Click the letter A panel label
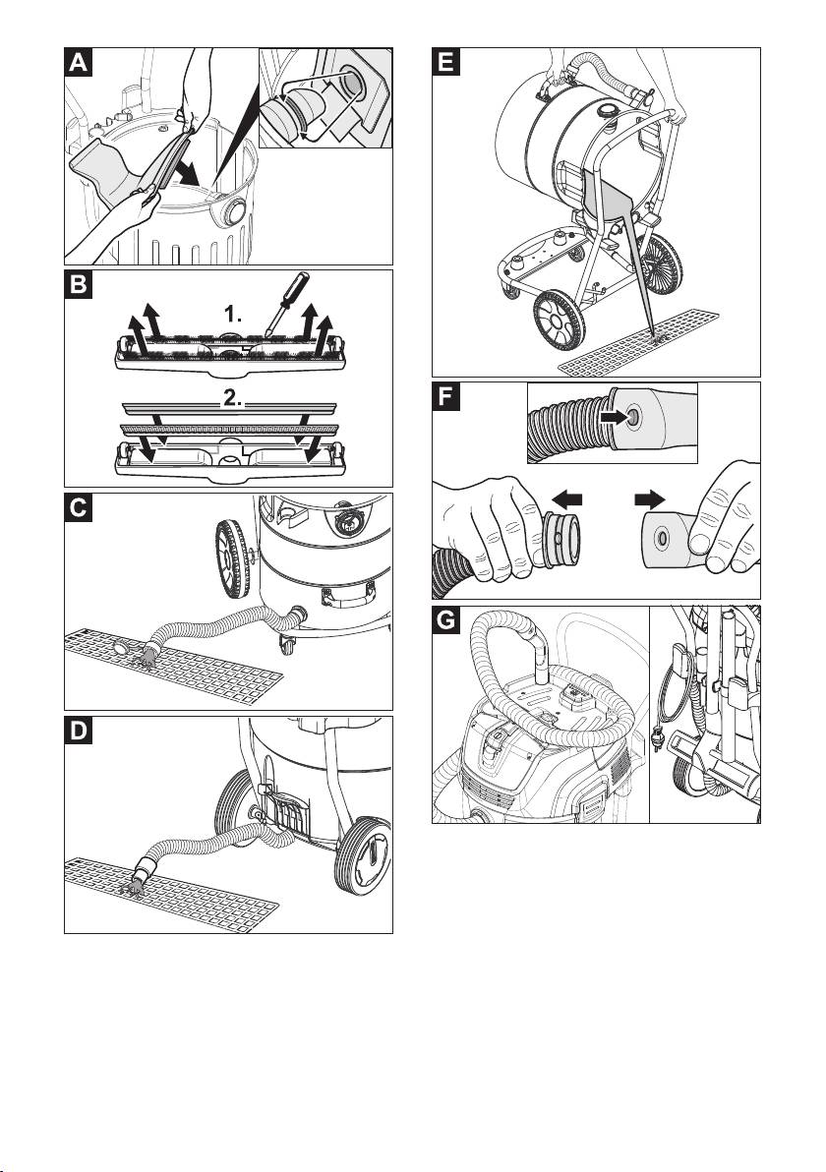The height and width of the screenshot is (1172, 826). tap(79, 63)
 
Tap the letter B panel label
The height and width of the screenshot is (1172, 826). tap(79, 285)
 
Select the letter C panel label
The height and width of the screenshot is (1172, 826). tap(79, 507)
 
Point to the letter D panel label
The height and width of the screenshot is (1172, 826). tap(79, 731)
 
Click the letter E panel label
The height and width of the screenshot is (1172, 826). tap(446, 63)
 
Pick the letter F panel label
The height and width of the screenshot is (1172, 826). tap(446, 397)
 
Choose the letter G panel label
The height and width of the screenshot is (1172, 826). tap(446, 620)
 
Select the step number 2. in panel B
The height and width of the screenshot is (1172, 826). tap(233, 399)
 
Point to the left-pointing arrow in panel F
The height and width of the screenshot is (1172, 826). tap(567, 498)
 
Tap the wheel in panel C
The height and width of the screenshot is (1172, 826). tap(233, 559)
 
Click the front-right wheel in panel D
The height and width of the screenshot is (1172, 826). tap(364, 855)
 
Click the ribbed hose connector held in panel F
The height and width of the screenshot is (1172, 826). tap(561, 540)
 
